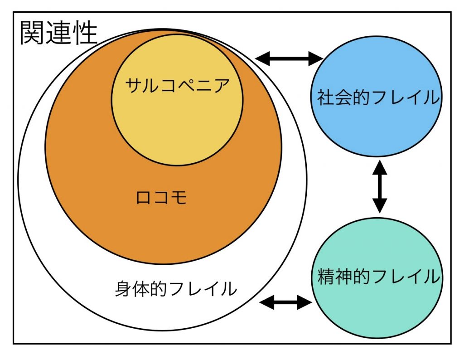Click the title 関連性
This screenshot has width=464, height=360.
pyautogui.click(x=59, y=33)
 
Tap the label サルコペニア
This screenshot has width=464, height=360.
pyautogui.click(x=177, y=85)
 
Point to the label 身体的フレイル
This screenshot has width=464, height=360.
pyautogui.click(x=176, y=289)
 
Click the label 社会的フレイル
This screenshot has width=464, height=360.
pyautogui.click(x=378, y=98)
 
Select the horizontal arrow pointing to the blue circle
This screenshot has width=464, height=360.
pyautogui.click(x=289, y=58)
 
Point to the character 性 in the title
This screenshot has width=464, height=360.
pyautogui.click(x=85, y=33)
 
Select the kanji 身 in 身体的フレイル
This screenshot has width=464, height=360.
pyautogui.click(x=122, y=289)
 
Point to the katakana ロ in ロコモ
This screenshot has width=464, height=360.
pyautogui.click(x=144, y=198)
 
